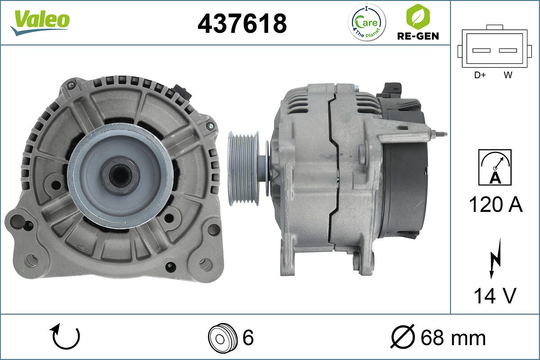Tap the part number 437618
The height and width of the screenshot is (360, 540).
click(x=242, y=24)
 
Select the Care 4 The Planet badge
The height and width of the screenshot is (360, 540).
click(x=367, y=22)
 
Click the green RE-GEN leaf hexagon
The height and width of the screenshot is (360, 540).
click(x=418, y=16)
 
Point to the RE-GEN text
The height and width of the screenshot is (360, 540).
click(x=418, y=36)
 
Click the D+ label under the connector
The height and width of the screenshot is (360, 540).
click(x=480, y=75)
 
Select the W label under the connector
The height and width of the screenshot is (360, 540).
click(x=508, y=75)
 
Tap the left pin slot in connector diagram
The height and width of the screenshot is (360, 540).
click(x=481, y=50)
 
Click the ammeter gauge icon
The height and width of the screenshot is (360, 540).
click(x=495, y=167)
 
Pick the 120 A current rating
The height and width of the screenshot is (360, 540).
click(x=495, y=204)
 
